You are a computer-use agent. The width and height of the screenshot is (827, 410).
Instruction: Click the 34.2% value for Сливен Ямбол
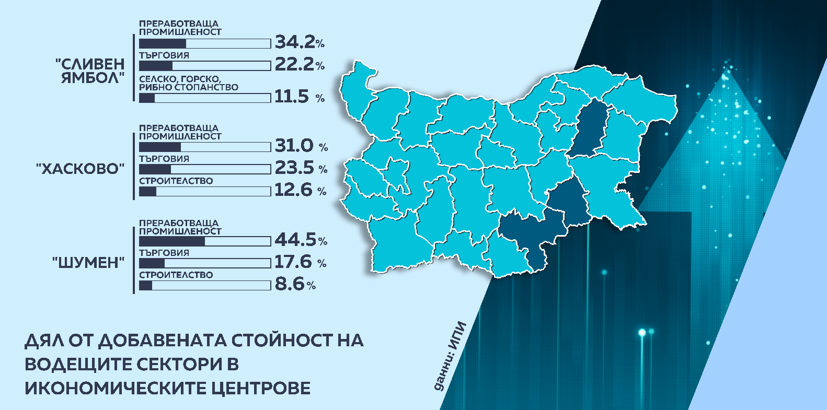point(300,42)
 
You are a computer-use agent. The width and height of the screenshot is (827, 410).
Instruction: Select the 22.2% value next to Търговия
point(300,65)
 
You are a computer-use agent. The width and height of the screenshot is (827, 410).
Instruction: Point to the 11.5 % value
point(300,97)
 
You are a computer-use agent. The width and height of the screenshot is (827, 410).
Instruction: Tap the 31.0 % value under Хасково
point(301,146)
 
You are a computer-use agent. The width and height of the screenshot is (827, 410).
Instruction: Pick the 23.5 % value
point(301,168)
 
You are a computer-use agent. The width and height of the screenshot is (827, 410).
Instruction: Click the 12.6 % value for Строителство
point(300,190)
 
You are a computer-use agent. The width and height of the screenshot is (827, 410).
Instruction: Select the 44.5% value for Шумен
point(301,240)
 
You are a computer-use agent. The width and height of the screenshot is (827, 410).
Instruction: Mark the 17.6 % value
point(300,262)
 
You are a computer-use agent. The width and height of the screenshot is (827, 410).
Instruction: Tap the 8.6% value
point(295,285)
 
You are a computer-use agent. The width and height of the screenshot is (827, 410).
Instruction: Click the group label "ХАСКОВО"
point(81,169)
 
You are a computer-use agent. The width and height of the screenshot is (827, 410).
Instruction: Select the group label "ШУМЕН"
point(88,263)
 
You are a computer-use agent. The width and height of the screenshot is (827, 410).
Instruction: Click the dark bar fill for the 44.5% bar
point(172,242)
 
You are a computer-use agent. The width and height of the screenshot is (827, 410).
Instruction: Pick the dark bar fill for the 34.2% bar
point(163,43)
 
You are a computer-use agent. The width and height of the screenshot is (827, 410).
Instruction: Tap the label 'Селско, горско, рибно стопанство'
point(188,83)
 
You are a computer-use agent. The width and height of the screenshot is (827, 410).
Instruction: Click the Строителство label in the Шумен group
point(176,275)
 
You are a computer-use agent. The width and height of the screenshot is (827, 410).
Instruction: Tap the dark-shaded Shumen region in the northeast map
point(588,128)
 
